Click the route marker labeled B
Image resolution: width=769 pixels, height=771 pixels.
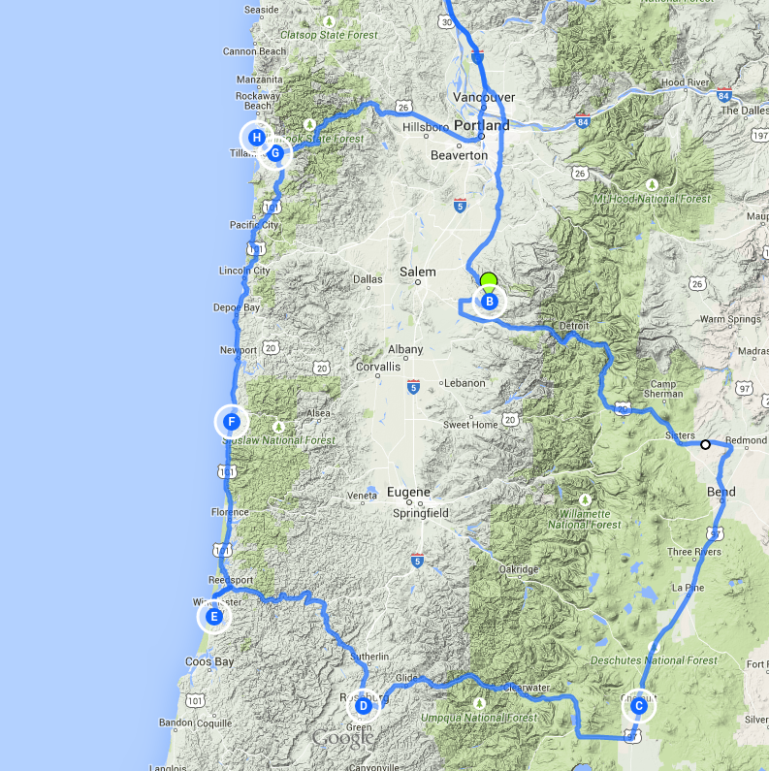489,303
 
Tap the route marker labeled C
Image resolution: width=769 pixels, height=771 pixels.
638,706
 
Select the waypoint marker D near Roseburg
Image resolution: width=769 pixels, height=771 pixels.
363,706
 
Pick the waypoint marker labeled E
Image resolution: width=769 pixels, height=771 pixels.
214,616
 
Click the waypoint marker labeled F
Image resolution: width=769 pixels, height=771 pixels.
232,422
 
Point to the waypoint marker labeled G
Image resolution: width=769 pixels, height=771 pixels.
275,152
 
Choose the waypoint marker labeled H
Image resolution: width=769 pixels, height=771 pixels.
256,138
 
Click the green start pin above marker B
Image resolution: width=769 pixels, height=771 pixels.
489,281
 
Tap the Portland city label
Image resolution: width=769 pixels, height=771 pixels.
481,126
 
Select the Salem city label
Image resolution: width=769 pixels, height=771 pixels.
419,273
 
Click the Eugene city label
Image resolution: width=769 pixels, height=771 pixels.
408,493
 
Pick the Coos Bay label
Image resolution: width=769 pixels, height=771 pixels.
209,662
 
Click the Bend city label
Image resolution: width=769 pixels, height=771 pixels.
721,493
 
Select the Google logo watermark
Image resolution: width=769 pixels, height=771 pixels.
342,739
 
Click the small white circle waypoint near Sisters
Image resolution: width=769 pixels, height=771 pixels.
705,445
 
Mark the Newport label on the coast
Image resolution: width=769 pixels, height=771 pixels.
239,350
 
